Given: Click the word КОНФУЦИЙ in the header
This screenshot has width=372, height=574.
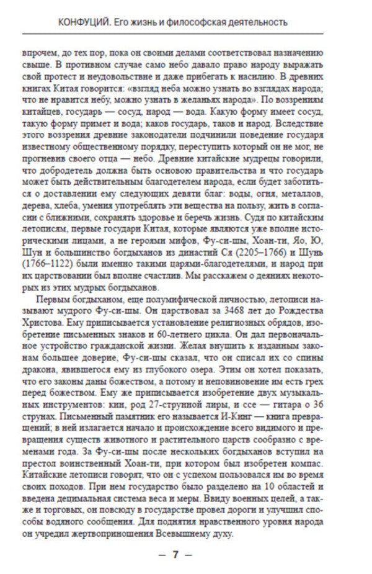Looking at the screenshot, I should (82, 22).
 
